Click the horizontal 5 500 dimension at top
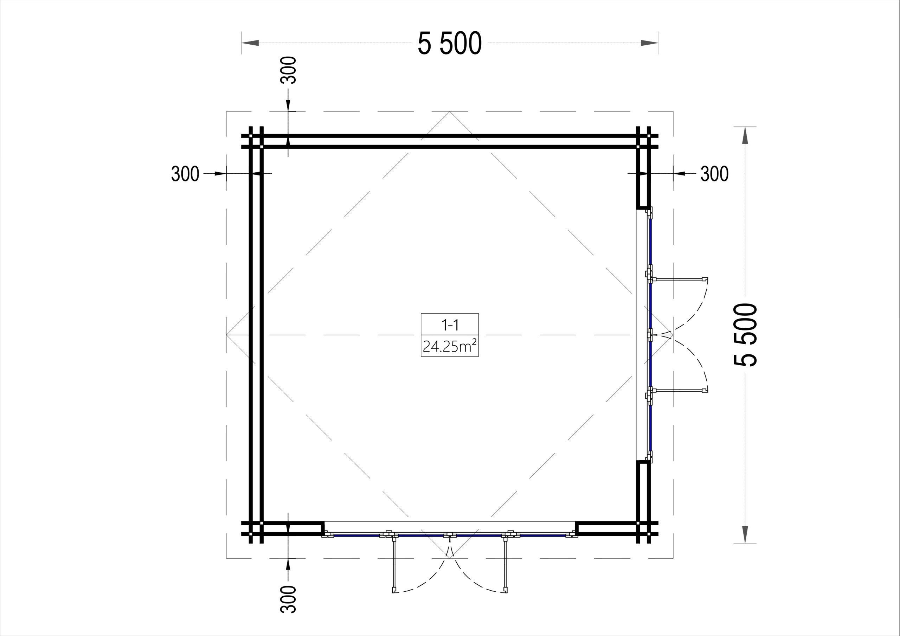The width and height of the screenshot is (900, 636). pos(450,43)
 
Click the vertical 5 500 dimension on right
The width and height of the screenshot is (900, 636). pos(745,335)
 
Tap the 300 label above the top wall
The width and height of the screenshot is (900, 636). pos(289,70)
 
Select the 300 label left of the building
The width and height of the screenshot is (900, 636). pos(185,174)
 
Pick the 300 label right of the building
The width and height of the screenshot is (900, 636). pos(715,174)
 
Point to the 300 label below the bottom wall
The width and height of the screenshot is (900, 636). pos(289,599)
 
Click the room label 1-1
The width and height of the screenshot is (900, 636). pos(450,325)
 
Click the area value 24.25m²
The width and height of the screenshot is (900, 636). pos(450,346)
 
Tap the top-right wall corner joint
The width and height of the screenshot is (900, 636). pos(643,142)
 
